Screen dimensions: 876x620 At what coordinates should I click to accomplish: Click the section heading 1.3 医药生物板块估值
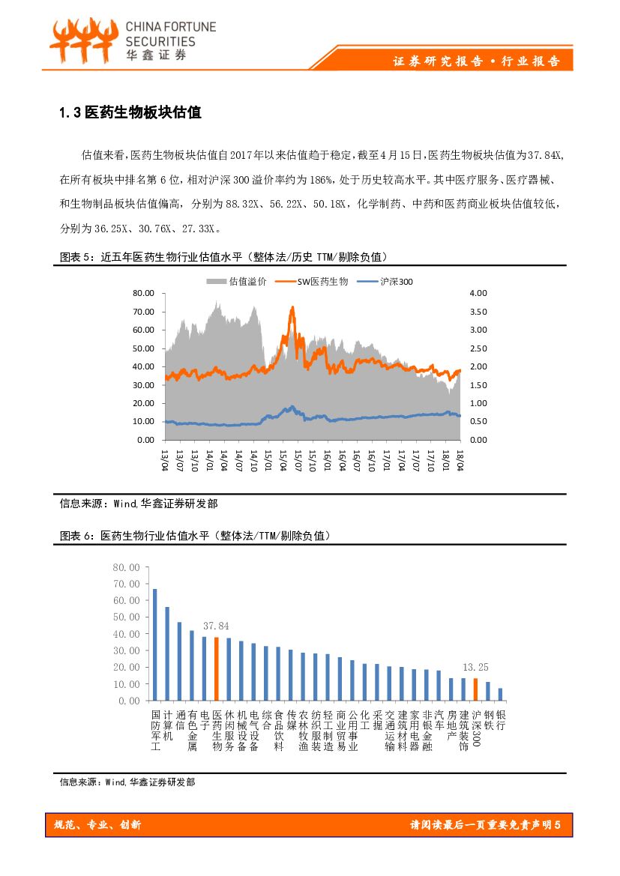[130, 113]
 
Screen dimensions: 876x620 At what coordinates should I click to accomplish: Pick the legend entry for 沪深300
[385, 281]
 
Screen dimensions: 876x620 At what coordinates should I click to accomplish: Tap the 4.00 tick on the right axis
[478, 293]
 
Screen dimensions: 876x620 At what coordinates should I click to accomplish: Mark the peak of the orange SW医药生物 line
[292, 307]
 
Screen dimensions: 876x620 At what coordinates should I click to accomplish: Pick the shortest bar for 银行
[500, 694]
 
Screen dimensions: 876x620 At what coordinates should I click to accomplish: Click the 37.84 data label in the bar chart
[217, 626]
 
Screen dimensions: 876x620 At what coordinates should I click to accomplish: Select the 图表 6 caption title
[195, 536]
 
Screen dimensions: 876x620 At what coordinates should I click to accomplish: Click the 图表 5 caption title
[223, 257]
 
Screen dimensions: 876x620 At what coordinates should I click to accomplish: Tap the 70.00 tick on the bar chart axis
[125, 584]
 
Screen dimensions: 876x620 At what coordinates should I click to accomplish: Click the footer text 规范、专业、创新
[97, 825]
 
